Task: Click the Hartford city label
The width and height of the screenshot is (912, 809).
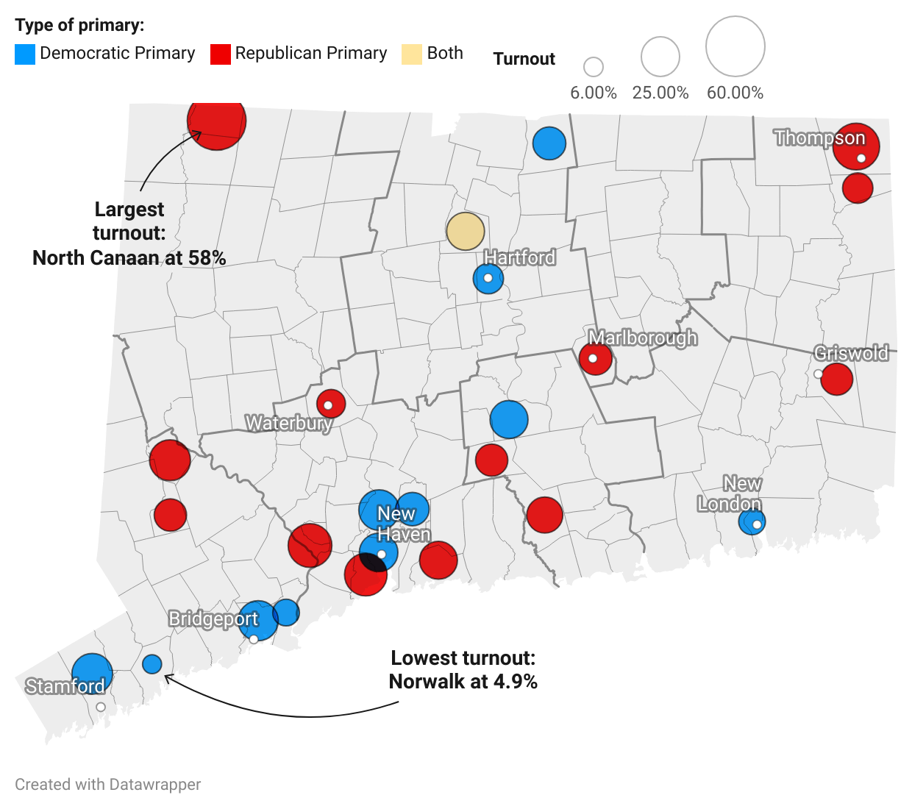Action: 519,257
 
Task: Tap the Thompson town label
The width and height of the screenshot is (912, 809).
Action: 819,138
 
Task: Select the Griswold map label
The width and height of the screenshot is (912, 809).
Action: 851,353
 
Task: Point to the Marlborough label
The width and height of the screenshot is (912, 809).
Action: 642,338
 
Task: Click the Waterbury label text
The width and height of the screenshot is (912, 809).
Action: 288,423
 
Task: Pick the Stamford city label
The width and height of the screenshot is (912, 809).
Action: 65,686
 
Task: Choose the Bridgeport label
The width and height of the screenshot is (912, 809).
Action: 213,619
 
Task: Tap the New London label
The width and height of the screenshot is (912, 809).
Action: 730,493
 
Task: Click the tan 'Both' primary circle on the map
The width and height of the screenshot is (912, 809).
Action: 466,231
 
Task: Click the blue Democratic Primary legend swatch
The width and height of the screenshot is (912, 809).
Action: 25,54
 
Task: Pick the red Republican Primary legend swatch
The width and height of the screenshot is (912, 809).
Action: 220,54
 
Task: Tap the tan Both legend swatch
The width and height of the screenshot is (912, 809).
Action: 412,54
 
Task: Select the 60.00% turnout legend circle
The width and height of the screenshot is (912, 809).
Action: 735,46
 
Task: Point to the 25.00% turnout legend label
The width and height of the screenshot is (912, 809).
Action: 660,93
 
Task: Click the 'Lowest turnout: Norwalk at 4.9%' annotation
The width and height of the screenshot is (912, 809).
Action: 463,669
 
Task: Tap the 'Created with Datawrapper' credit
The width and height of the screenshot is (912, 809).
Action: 108,785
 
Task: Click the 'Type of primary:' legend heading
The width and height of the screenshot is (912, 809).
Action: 80,26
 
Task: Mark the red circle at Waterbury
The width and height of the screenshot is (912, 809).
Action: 331,403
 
